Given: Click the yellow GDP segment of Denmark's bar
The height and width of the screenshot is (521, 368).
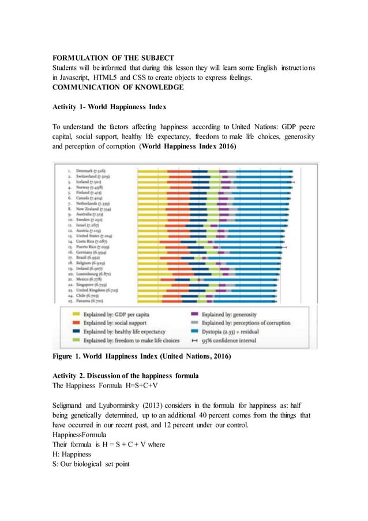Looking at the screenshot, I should (152, 171).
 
